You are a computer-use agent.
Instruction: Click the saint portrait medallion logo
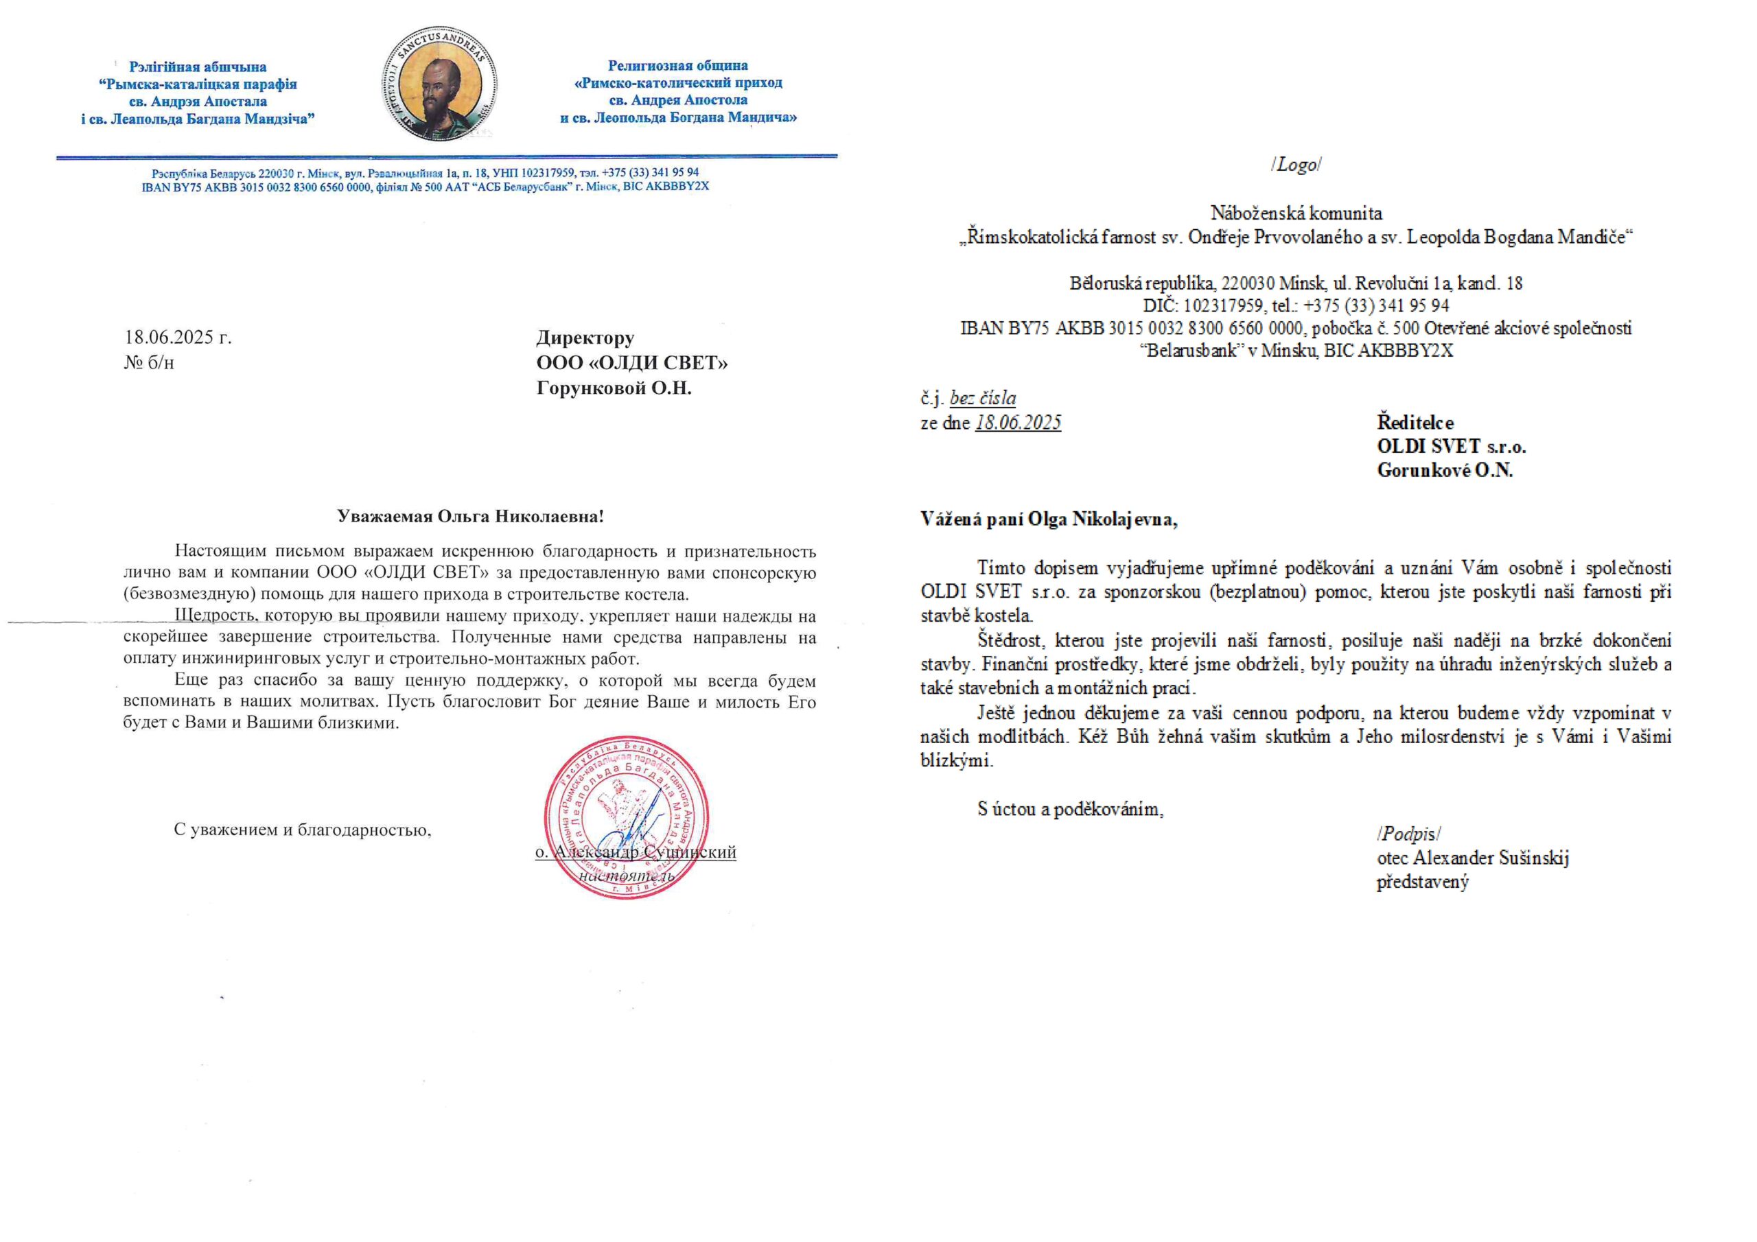439,84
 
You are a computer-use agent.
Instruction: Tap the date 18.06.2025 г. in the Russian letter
178,338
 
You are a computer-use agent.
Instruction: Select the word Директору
585,338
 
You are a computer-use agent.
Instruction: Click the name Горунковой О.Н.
614,388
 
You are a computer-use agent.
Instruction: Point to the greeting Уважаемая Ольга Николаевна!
471,517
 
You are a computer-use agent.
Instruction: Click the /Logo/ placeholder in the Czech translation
1296,165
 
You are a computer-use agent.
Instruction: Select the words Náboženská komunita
1296,213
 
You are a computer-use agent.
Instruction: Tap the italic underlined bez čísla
983,398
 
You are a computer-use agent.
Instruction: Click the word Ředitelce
1415,423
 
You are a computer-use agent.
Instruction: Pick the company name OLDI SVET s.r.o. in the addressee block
1451,446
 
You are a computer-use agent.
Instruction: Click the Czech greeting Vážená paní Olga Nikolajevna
1049,519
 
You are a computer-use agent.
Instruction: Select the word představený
1423,882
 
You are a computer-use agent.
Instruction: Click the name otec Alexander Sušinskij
1472,858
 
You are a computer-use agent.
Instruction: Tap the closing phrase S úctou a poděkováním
1070,810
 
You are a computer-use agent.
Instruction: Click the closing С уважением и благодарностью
302,830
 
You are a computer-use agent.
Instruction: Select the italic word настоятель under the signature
627,876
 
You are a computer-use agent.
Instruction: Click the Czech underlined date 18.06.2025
1018,423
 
